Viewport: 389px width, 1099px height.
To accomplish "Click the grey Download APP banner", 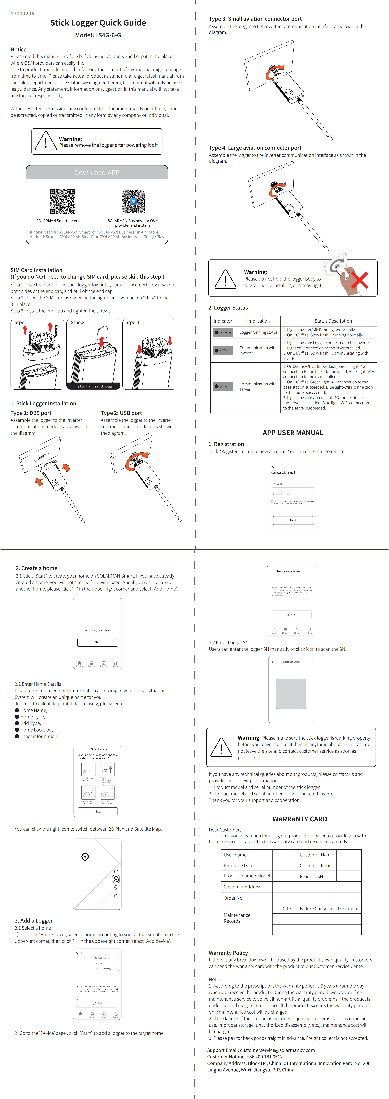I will pos(97,172).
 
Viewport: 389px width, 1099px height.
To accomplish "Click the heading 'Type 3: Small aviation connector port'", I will pos(255,19).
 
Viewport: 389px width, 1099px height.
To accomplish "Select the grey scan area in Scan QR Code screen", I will pos(291,693).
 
